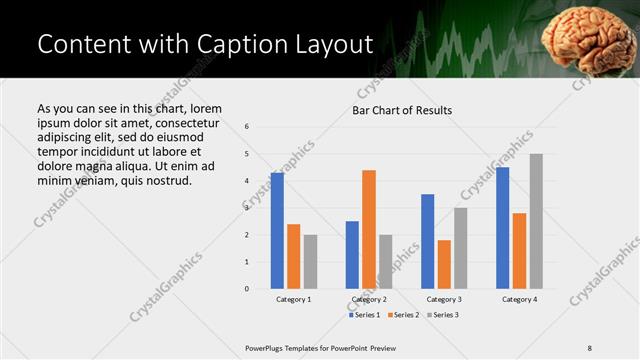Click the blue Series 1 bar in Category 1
[277, 231]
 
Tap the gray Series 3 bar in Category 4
[536, 221]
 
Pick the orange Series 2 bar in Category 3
[444, 264]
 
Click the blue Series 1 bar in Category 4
[502, 228]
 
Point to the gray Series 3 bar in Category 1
[310, 262]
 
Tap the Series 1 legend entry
[365, 315]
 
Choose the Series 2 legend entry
[403, 315]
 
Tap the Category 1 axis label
[293, 299]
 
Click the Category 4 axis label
[519, 299]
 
